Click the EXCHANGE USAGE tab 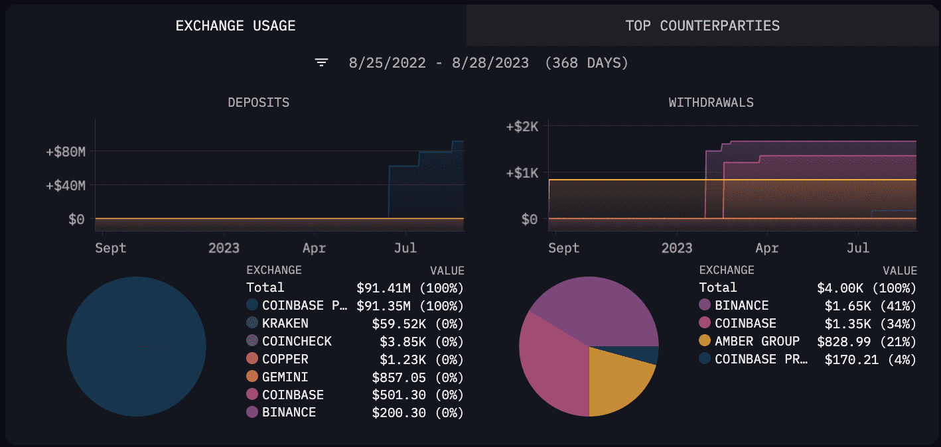coord(236,26)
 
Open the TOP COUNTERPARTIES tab coord(702,26)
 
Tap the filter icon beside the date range coord(322,63)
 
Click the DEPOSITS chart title coord(258,103)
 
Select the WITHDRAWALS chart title coord(711,103)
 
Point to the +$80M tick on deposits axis coord(66,153)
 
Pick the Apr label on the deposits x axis coord(314,248)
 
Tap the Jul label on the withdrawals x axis coord(858,248)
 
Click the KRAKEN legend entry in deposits coord(285,324)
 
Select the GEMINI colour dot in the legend coord(252,377)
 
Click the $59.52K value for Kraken coord(417,324)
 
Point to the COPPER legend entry coord(285,359)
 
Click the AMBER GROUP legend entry coord(757,341)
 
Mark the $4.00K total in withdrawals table coord(866,288)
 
